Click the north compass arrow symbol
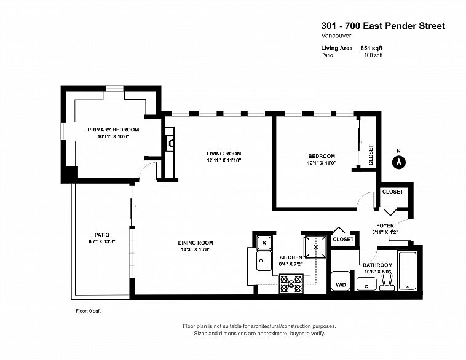(399, 162)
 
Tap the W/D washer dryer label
(341, 284)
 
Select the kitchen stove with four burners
(291, 283)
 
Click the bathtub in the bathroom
(408, 270)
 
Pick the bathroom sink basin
(366, 284)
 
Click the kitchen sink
(264, 261)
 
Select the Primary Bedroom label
(113, 130)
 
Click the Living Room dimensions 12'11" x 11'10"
(224, 160)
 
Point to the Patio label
(102, 235)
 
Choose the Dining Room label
(195, 243)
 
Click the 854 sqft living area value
(371, 48)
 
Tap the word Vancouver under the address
(336, 36)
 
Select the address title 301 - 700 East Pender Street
(383, 26)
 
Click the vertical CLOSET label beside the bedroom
(371, 155)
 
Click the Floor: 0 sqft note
(89, 311)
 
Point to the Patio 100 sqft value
(373, 55)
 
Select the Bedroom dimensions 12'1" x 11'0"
(322, 163)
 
